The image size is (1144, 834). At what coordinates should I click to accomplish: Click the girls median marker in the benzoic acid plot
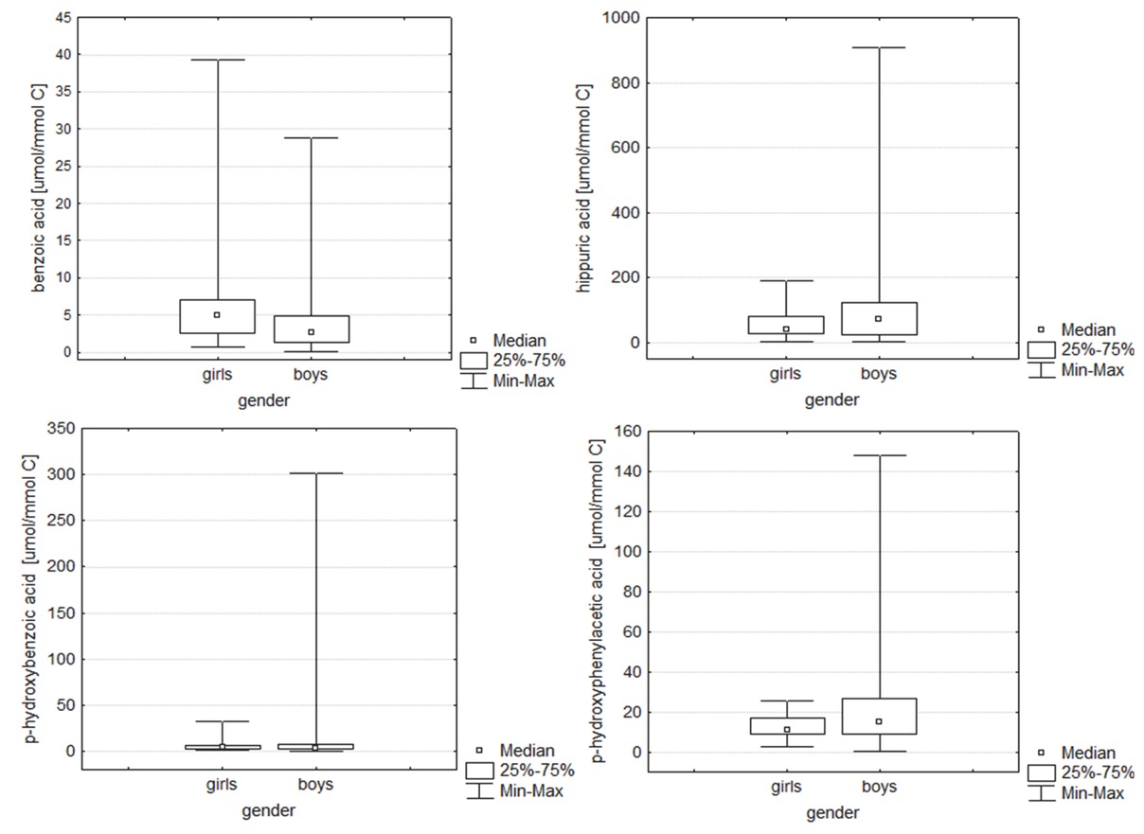click(217, 315)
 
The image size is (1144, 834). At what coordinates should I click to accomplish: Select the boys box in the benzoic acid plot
click(311, 328)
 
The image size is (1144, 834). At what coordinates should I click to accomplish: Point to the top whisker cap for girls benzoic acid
click(217, 60)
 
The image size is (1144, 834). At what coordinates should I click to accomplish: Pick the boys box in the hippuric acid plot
click(879, 319)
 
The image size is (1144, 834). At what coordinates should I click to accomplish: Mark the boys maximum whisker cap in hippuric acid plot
click(879, 47)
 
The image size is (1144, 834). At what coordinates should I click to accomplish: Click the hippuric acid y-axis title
click(584, 187)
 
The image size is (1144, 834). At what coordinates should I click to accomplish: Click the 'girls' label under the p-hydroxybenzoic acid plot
click(222, 785)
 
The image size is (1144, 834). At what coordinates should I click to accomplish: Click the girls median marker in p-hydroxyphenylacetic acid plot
click(786, 730)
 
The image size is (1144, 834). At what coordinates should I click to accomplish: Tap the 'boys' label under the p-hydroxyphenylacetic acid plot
click(879, 787)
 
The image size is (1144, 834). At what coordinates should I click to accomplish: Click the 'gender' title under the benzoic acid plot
click(264, 400)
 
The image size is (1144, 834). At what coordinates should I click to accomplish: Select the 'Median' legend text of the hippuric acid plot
click(1088, 329)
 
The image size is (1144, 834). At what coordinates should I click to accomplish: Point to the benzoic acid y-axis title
click(39, 187)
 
